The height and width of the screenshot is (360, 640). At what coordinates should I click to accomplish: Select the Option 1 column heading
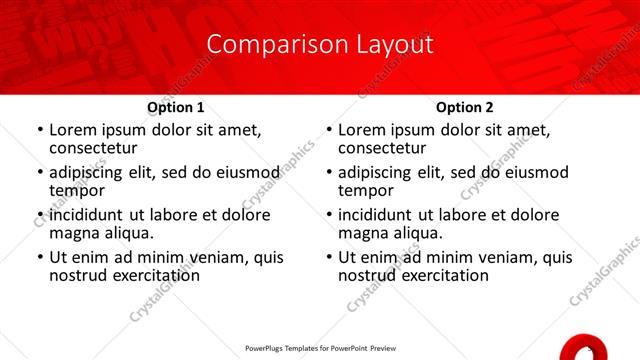tap(176, 107)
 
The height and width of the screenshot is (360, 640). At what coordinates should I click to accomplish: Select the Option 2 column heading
tap(465, 107)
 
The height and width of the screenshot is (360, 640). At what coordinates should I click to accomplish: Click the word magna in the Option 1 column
tap(74, 233)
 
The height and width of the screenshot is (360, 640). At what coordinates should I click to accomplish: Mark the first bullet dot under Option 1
tap(40, 130)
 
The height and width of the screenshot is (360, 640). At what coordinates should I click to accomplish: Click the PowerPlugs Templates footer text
tap(320, 349)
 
